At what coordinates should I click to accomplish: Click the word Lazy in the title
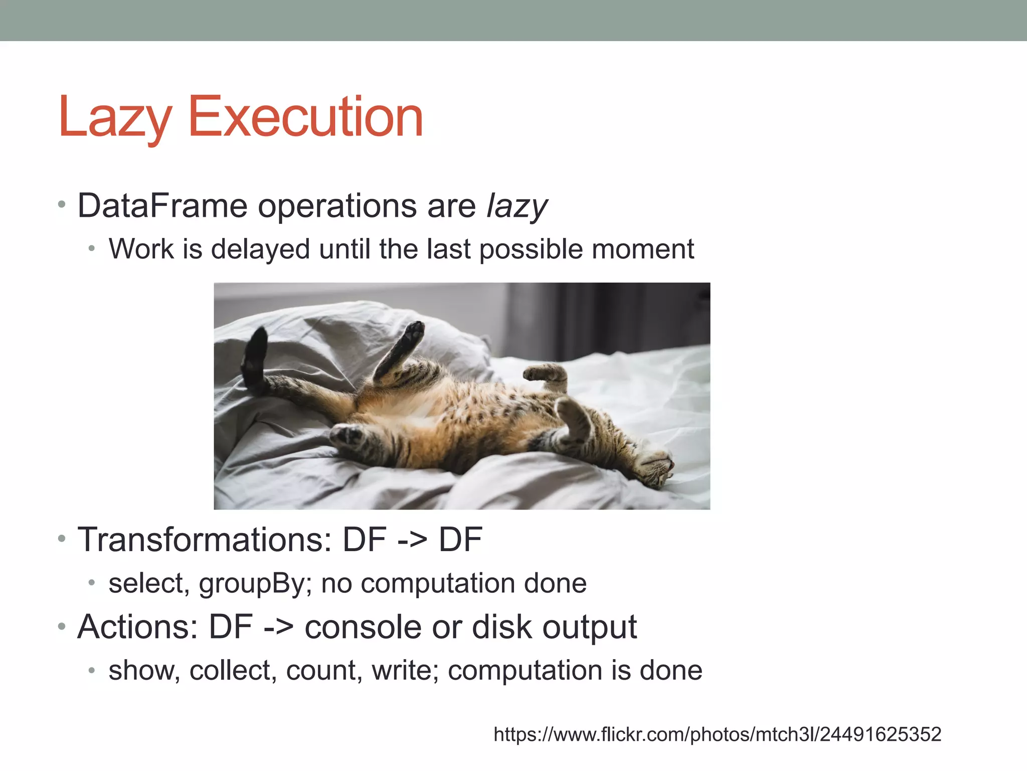pyautogui.click(x=114, y=118)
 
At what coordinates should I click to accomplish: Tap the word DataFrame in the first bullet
pyautogui.click(x=162, y=206)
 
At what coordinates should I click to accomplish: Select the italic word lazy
pyautogui.click(x=517, y=207)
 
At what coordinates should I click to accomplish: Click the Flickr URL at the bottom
pyautogui.click(x=717, y=734)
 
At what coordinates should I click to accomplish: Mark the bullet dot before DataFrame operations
pyautogui.click(x=62, y=205)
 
